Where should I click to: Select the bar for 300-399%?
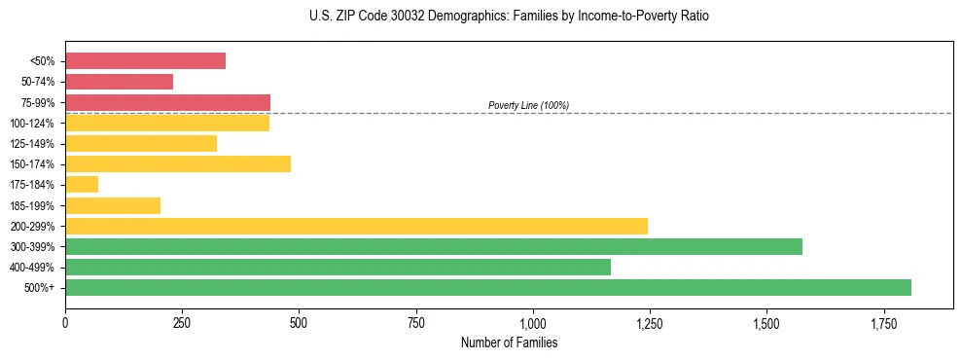click(x=434, y=246)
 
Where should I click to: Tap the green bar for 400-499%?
click(x=338, y=267)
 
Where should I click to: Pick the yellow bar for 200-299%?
click(x=356, y=226)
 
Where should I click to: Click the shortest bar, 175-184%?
click(x=82, y=184)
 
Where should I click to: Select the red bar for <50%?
click(x=145, y=60)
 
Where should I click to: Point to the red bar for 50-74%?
click(x=119, y=82)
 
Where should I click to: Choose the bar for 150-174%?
click(x=178, y=163)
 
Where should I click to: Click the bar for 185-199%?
click(x=113, y=205)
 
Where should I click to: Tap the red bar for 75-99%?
click(x=167, y=102)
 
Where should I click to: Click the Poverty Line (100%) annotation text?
click(x=528, y=105)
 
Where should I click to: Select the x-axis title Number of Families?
click(x=509, y=342)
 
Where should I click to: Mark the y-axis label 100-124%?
click(x=32, y=124)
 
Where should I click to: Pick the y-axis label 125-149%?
click(x=32, y=144)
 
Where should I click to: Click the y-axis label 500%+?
click(x=39, y=288)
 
